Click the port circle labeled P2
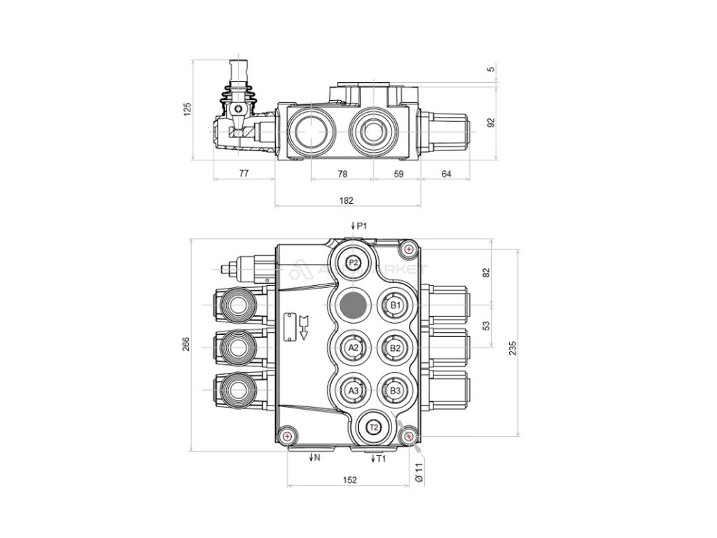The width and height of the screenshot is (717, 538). click(x=354, y=263)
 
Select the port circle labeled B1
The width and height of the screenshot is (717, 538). click(x=395, y=305)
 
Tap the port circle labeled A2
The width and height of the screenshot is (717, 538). click(x=354, y=347)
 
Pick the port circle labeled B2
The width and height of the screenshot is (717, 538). click(x=395, y=347)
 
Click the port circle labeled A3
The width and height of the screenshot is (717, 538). click(x=354, y=390)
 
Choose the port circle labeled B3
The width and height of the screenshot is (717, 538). click(x=395, y=390)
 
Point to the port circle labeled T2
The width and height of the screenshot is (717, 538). click(x=374, y=427)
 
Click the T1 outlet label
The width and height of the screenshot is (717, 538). click(x=379, y=459)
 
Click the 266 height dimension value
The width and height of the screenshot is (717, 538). click(x=186, y=345)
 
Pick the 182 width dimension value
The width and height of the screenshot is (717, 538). click(x=346, y=200)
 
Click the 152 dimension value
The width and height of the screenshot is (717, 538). click(x=350, y=480)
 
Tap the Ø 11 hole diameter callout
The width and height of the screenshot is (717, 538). click(x=419, y=472)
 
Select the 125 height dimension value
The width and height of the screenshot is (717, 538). click(x=186, y=109)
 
